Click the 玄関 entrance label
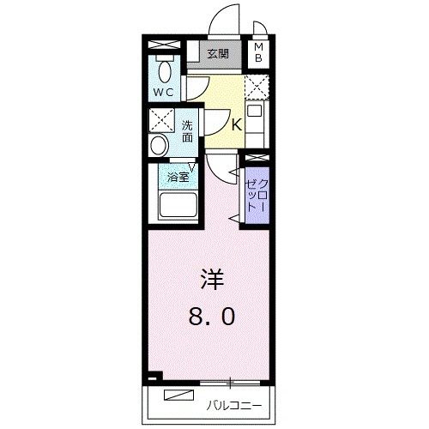pos(218,54)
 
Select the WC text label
pos(163,91)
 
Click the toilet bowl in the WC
pos(165,69)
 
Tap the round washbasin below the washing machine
pos(160,145)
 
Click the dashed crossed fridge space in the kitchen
pos(256,88)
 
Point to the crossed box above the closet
pos(254,159)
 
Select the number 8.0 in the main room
pos(211,318)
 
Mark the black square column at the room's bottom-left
pos(152,375)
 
